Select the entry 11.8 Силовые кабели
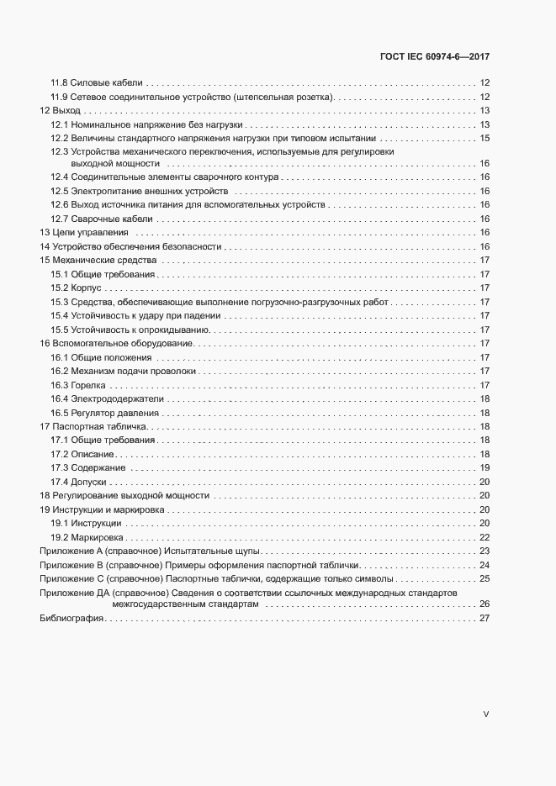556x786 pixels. click(x=97, y=83)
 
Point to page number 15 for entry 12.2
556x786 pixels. click(x=485, y=137)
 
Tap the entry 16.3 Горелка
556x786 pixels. click(x=80, y=384)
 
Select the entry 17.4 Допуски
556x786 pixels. click(x=78, y=482)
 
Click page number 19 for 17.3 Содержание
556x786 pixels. click(x=485, y=467)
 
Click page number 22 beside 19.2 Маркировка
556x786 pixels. click(x=485, y=536)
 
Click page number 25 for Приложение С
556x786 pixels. click(x=485, y=578)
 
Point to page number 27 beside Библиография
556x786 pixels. click(x=485, y=619)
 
